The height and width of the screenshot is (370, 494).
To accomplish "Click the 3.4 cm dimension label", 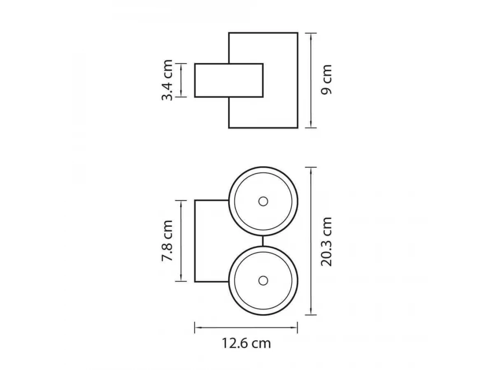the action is [167, 80].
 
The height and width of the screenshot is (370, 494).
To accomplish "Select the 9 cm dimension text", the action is [326, 80].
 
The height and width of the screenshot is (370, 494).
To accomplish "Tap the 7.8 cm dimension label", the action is [167, 240].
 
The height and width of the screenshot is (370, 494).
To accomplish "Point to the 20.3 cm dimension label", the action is [326, 242].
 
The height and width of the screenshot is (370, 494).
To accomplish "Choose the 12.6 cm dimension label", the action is [246, 344].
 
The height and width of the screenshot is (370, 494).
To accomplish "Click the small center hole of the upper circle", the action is [263, 201].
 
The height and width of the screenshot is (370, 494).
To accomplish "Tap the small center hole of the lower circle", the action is [263, 281].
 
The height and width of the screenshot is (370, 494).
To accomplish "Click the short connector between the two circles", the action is [263, 241].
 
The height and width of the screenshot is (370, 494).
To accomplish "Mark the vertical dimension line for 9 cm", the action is [311, 81].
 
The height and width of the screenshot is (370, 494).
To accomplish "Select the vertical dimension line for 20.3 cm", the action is [311, 241].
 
